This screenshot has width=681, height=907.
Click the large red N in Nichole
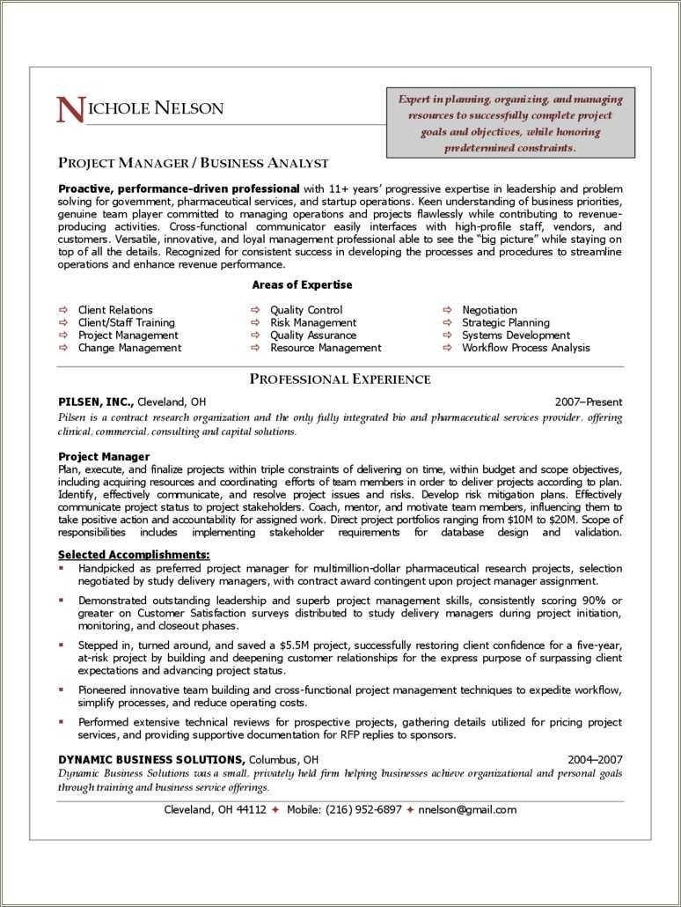point(70,110)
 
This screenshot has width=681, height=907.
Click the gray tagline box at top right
point(510,123)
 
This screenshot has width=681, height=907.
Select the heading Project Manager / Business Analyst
point(193,163)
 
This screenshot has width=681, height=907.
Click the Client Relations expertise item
point(115,310)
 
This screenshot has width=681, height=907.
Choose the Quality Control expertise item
point(306,310)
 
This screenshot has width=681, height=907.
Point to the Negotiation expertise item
point(489,310)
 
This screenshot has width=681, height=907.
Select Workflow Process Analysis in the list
point(525,348)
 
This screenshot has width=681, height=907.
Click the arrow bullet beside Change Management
point(63,348)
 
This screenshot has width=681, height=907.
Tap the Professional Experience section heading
point(340,380)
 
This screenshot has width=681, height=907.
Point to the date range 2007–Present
point(588,402)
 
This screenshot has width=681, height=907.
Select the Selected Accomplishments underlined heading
point(134,555)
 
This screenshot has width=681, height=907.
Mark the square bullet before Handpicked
point(61,569)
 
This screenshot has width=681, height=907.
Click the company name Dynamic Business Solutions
point(151,759)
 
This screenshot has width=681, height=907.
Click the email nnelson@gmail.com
point(467,810)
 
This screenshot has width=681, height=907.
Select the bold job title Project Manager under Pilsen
point(104,456)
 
